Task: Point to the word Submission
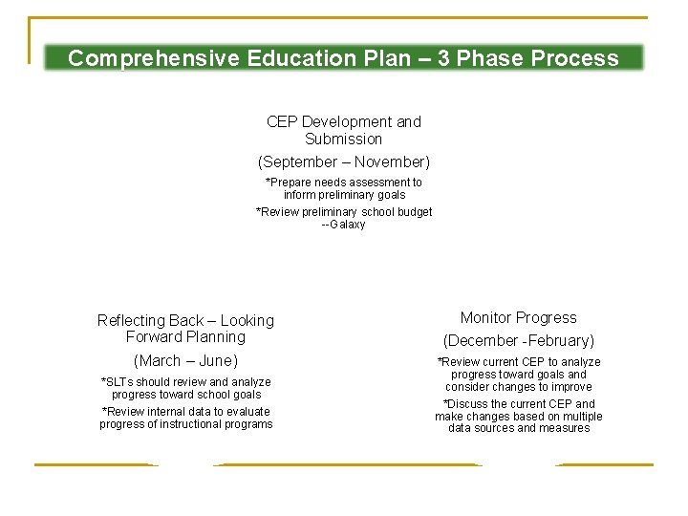pos(343,140)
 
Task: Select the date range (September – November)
pos(343,162)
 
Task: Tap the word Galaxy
pos(347,225)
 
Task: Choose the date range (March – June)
pos(185,361)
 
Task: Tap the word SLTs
pos(120,382)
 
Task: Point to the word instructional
pos(203,424)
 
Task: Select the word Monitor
pos(486,318)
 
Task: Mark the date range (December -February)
pos(518,341)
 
